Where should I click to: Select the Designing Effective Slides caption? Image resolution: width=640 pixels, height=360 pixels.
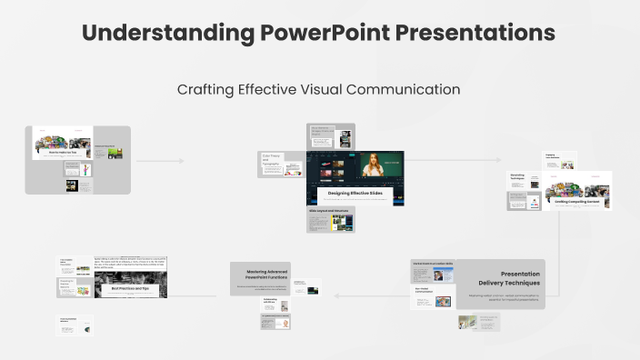coord(355,194)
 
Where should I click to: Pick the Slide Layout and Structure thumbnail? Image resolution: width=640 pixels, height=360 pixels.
coord(330,219)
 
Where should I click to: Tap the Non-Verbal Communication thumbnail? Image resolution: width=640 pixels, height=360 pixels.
coord(432,297)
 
